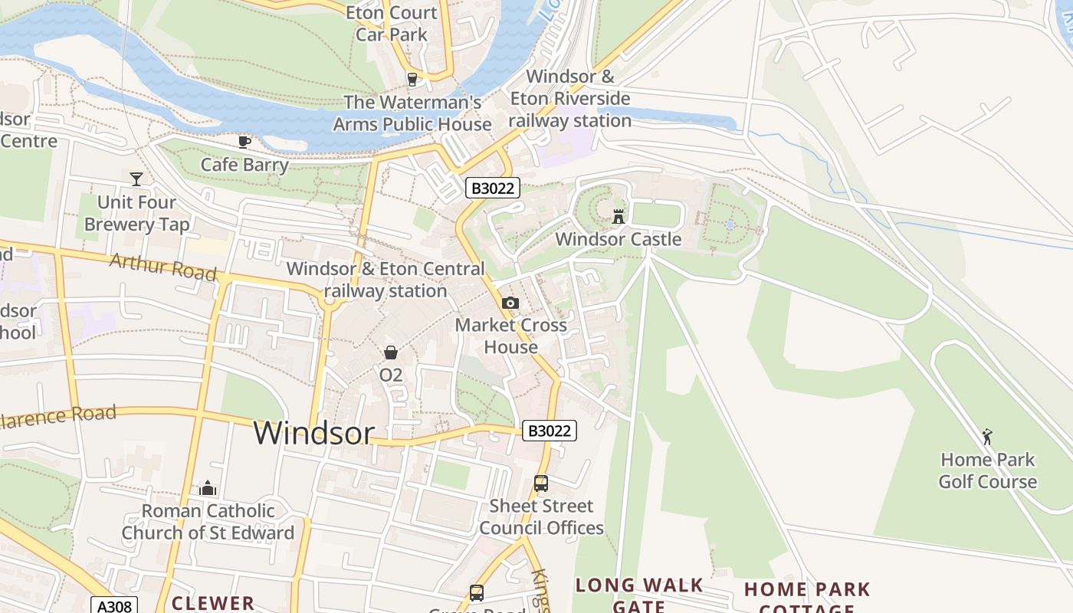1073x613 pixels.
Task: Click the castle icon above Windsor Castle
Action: pyautogui.click(x=619, y=217)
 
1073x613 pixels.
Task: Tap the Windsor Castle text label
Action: pyautogui.click(x=618, y=239)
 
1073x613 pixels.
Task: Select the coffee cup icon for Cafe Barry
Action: pyautogui.click(x=244, y=142)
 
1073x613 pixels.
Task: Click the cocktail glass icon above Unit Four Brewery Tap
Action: pyautogui.click(x=136, y=179)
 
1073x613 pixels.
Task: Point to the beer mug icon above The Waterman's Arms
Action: pyautogui.click(x=412, y=79)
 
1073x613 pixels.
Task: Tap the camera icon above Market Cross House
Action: pyautogui.click(x=510, y=303)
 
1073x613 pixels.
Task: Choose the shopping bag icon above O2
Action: pyautogui.click(x=391, y=352)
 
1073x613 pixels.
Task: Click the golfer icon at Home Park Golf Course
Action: pyautogui.click(x=987, y=437)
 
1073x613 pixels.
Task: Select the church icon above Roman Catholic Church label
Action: pyautogui.click(x=208, y=488)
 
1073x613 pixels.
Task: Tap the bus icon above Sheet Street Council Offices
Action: pyautogui.click(x=541, y=484)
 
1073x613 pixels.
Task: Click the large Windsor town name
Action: pyautogui.click(x=313, y=433)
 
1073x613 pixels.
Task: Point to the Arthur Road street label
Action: pyautogui.click(x=162, y=266)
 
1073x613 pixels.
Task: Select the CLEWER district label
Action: pyautogui.click(x=213, y=603)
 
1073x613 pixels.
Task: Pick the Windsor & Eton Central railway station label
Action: pyautogui.click(x=386, y=280)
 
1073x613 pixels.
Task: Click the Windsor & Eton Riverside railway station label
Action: pyautogui.click(x=570, y=99)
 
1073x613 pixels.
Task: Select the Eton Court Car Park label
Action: pyautogui.click(x=392, y=23)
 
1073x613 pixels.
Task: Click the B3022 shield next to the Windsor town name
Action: pyautogui.click(x=550, y=431)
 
